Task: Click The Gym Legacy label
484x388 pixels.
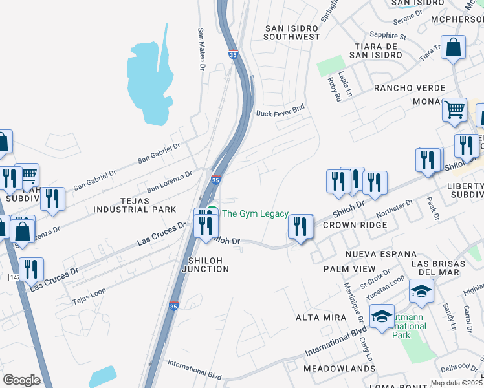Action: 255,213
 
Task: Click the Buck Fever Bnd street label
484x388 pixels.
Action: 280,113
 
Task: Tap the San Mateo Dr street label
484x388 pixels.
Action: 201,48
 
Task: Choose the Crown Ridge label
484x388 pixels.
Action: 355,225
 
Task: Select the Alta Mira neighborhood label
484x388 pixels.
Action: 318,318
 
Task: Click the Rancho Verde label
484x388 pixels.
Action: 409,87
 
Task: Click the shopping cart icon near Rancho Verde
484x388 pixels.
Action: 455,109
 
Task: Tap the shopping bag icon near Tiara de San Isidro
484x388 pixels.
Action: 454,48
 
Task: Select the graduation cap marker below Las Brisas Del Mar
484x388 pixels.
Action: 421,292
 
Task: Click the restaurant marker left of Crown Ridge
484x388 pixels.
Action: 300,227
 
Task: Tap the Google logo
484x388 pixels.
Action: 21,380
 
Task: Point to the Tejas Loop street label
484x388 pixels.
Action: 88,299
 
